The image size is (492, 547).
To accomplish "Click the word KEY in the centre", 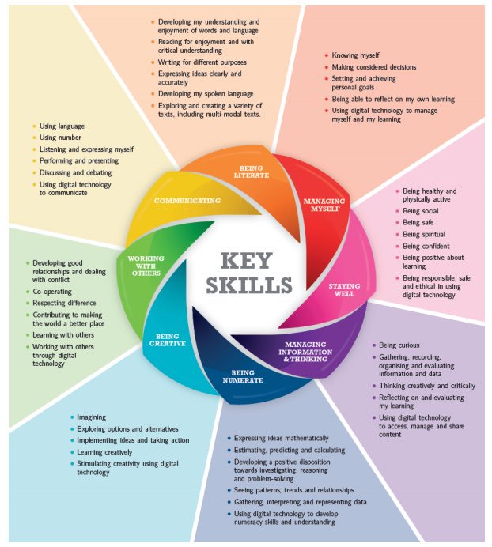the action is [x=246, y=261].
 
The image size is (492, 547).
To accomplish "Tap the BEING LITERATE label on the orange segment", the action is [x=252, y=172].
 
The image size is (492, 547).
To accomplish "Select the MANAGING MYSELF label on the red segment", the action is [x=324, y=205].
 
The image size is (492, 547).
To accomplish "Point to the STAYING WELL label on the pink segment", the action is [x=344, y=290].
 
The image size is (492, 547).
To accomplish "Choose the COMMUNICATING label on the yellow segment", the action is [x=187, y=201].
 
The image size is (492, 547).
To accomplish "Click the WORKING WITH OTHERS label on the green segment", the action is [x=146, y=266].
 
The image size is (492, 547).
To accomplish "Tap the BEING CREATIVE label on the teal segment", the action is [x=168, y=340].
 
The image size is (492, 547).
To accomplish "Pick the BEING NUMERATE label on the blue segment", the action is [x=243, y=376].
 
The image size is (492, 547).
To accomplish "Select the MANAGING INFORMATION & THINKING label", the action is [x=305, y=352].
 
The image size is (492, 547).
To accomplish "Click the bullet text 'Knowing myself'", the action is [x=355, y=55].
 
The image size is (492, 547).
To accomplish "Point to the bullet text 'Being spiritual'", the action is [x=424, y=234].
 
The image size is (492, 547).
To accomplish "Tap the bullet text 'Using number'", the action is [x=60, y=138].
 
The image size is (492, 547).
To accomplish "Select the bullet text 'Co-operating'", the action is [x=52, y=292].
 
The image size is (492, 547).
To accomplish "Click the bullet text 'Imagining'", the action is [x=91, y=417].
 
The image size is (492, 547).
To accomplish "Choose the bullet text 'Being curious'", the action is [x=399, y=345].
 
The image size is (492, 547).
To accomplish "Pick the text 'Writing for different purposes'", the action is [x=202, y=62].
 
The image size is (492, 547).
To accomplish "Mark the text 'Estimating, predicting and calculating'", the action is [x=290, y=451].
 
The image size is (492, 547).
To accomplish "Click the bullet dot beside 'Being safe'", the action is [x=397, y=222].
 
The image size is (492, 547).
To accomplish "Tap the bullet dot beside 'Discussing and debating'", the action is [x=34, y=172].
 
